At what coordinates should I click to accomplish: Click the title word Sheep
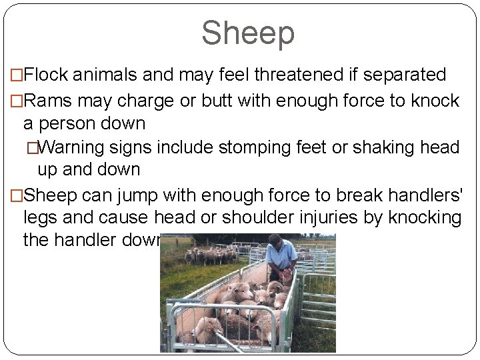(x=247, y=33)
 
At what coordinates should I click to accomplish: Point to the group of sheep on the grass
(x=210, y=255)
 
